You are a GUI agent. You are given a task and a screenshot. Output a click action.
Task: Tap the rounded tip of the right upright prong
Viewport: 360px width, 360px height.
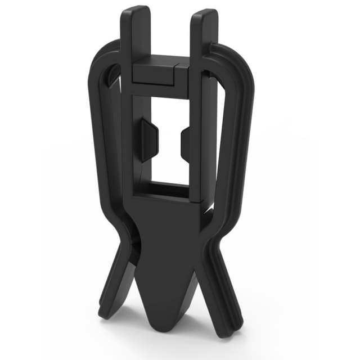(x=204, y=13)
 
